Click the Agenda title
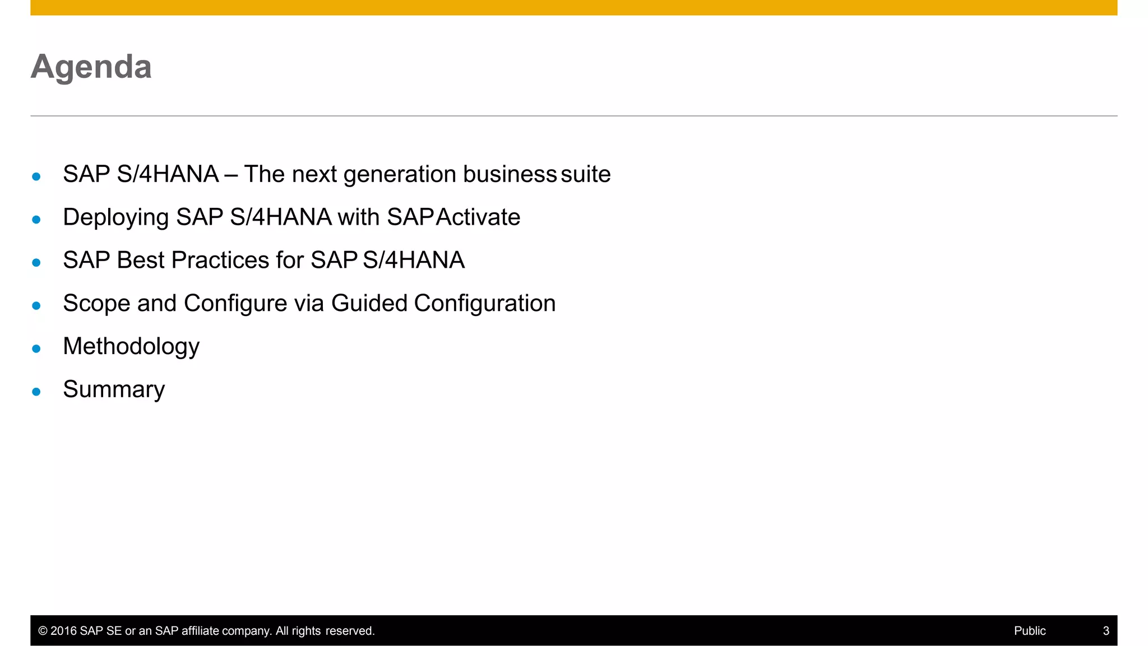(x=91, y=67)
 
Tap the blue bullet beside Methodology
(x=36, y=348)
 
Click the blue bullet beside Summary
(x=36, y=392)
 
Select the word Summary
(x=114, y=389)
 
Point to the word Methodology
(x=131, y=347)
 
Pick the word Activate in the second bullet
(x=478, y=217)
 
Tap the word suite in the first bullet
(x=585, y=174)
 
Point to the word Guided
(x=369, y=303)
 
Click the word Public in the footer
(x=1030, y=631)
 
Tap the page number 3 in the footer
(x=1106, y=631)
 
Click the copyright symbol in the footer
(x=43, y=631)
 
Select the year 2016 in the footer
(x=63, y=631)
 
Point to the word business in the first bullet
(x=510, y=174)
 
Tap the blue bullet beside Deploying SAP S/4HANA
(x=36, y=220)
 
